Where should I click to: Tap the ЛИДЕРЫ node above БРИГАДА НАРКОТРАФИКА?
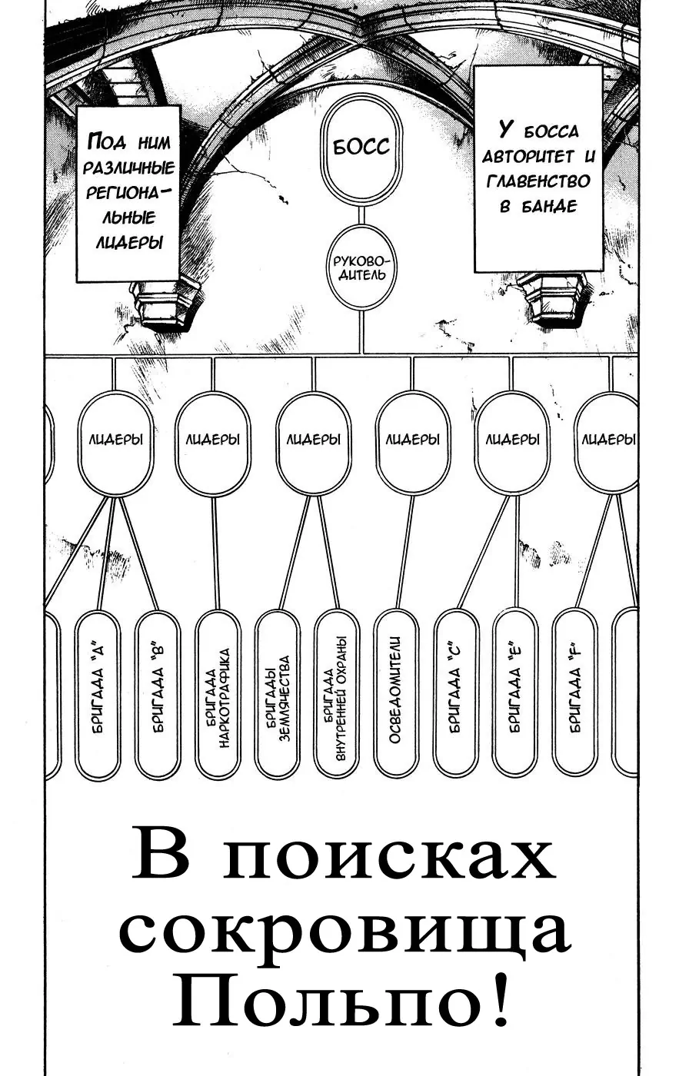(212, 441)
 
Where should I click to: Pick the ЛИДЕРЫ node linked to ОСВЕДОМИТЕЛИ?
(413, 441)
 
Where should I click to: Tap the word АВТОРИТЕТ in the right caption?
(528, 157)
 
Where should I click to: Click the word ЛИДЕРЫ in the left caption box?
(128, 242)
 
